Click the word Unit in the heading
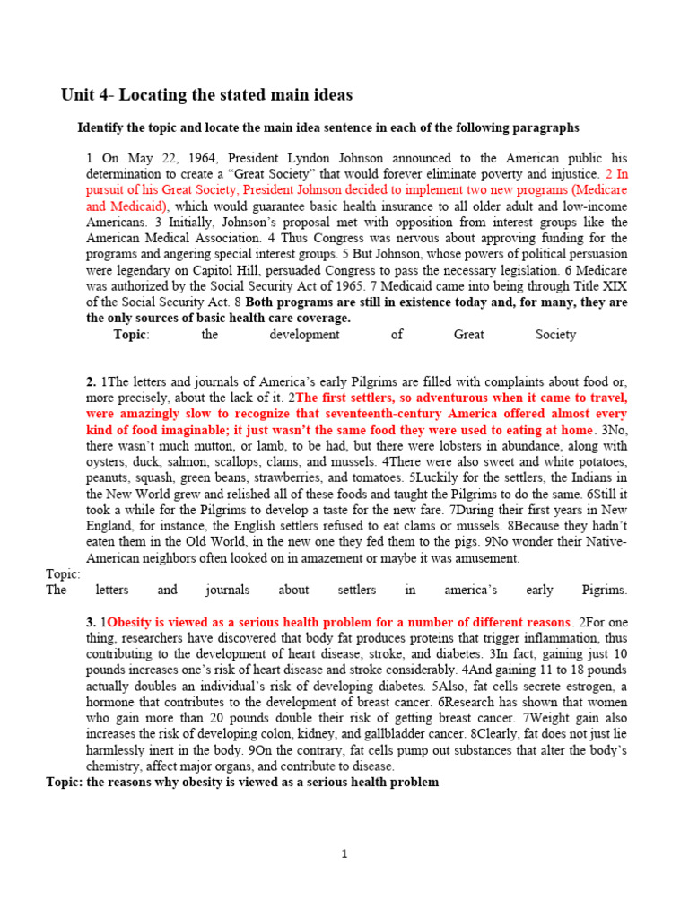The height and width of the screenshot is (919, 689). click(x=76, y=95)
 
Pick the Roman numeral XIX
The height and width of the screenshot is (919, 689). click(x=612, y=285)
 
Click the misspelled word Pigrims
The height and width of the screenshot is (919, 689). click(x=604, y=590)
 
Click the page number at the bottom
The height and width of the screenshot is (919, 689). click(x=344, y=853)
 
